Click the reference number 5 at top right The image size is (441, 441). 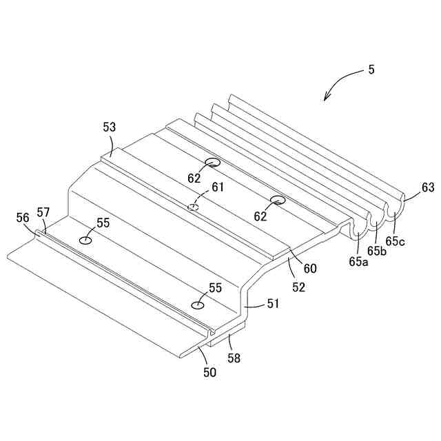(372, 70)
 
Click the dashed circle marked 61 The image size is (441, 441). (194, 207)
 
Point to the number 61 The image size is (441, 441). (218, 187)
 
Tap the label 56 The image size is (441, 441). (23, 217)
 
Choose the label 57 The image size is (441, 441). (43, 213)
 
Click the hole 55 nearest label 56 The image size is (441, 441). (85, 240)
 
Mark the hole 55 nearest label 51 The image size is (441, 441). (198, 305)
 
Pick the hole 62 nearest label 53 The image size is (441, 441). (212, 163)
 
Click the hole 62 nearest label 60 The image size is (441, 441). (278, 201)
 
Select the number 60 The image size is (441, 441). (310, 269)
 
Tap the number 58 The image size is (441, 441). (235, 358)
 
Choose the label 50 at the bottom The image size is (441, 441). (209, 373)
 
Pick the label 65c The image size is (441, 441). (395, 240)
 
